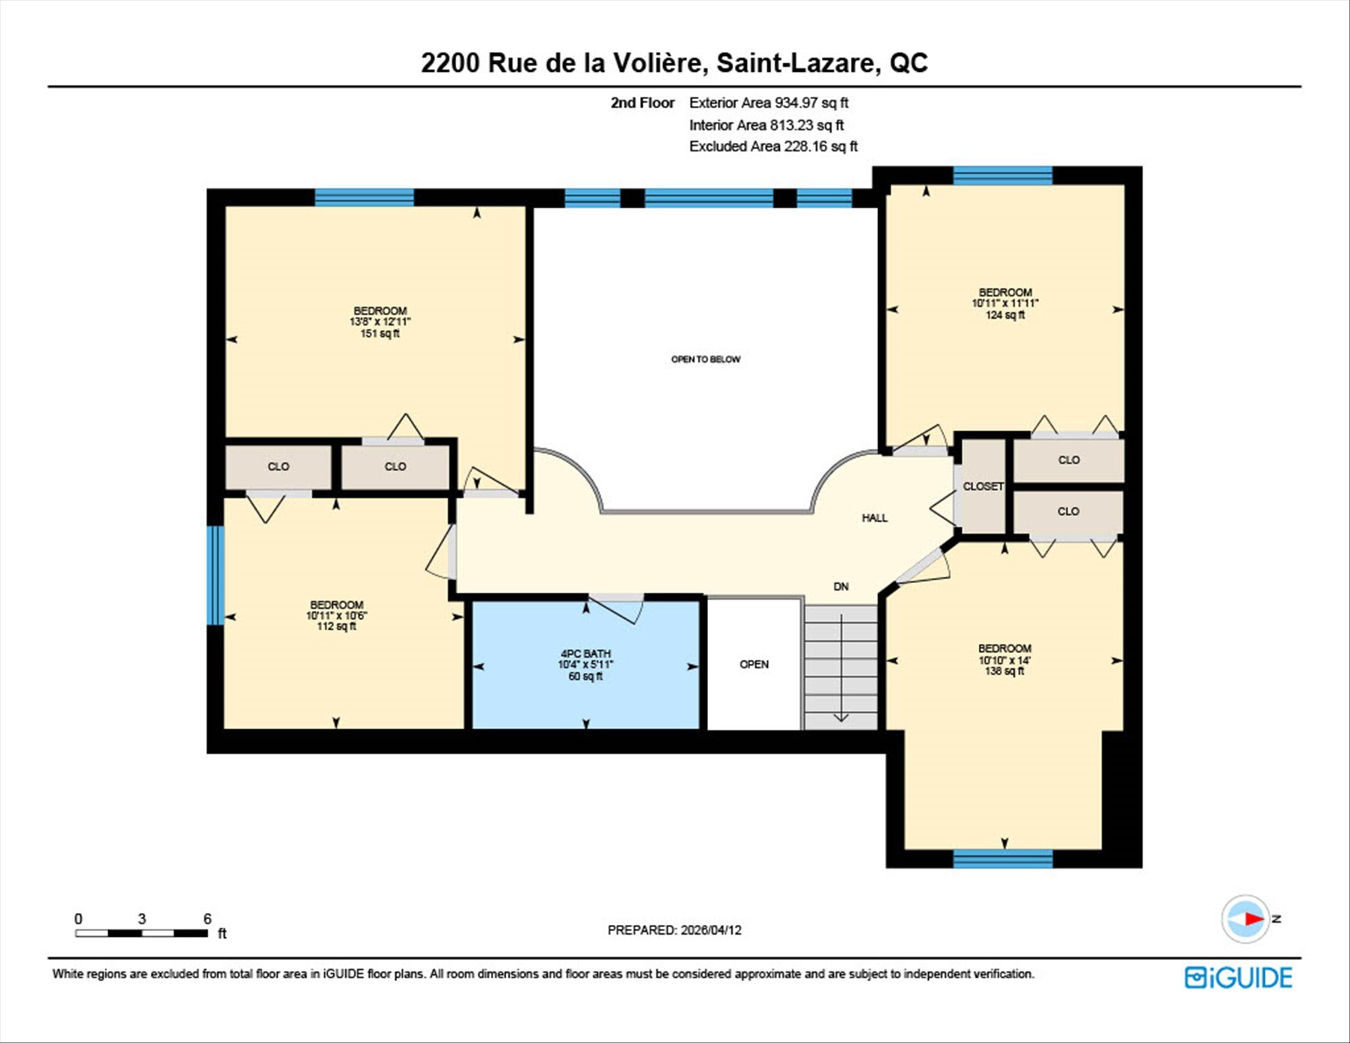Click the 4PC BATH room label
coord(585,653)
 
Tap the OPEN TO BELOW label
coord(705,359)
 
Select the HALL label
coord(875,518)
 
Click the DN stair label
coord(841,586)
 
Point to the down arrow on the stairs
coord(841,668)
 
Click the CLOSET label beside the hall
coord(983,486)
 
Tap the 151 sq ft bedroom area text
coord(380,333)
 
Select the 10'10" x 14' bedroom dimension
coord(1004,660)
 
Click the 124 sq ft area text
coord(1005,315)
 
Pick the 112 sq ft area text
coord(336,626)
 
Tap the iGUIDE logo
coord(1238,978)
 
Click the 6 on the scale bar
coord(207,919)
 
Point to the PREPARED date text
coord(674,930)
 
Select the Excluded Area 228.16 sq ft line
coord(773,146)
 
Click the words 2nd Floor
coord(642,103)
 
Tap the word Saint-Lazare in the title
coord(798,63)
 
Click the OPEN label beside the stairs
coord(754,664)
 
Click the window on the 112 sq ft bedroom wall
coord(215,575)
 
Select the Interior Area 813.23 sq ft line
coord(766,125)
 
